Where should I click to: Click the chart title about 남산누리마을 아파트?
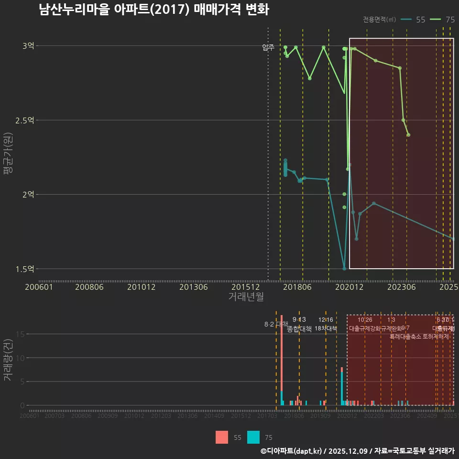[x=154, y=10]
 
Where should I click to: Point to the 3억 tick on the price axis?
[x=28, y=46]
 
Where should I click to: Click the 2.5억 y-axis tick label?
[x=25, y=120]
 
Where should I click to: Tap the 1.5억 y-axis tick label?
[x=25, y=269]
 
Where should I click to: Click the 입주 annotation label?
[x=268, y=47]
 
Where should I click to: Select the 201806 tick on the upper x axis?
[x=297, y=287]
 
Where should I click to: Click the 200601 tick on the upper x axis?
[x=39, y=287]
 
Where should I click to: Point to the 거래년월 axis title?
[x=246, y=296]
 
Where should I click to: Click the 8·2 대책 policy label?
[x=273, y=324]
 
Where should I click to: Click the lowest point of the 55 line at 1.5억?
[x=344, y=268]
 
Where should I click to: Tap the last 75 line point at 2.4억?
[x=408, y=135]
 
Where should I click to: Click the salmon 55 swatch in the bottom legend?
[x=222, y=437]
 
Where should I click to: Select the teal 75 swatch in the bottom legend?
[x=253, y=437]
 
